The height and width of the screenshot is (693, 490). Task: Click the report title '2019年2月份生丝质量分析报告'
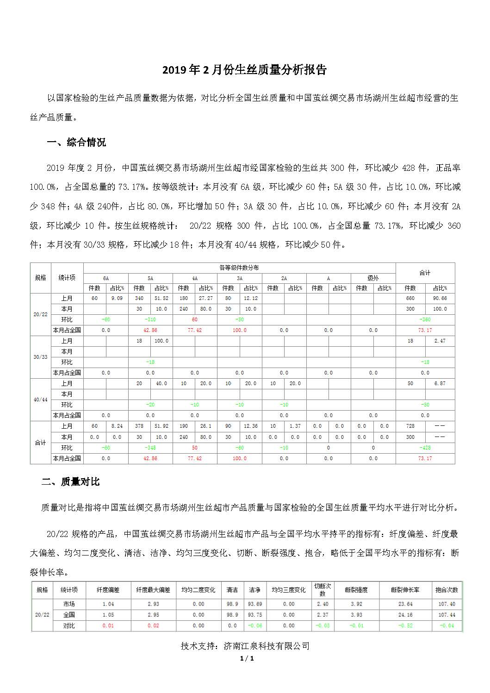coord(244,70)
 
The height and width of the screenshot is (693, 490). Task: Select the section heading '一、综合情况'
coord(76,143)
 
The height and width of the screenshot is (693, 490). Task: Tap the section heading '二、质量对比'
coord(70,482)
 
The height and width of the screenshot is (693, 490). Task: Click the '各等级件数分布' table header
coord(239,268)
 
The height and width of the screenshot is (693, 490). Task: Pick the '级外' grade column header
coord(373,278)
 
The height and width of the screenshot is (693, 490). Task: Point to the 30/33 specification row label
coord(41,357)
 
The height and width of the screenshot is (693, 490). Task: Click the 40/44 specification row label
coord(41,400)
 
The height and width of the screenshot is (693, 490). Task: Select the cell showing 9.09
coord(117,298)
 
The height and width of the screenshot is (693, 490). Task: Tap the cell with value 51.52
coord(161,298)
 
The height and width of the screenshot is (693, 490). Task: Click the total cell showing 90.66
coord(440,298)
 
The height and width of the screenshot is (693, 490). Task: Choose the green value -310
coord(150,319)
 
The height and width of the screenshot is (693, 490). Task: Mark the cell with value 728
coord(410,426)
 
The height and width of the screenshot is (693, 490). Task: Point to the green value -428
coord(425,448)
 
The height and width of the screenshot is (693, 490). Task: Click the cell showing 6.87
coord(440,383)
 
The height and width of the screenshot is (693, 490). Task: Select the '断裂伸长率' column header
coord(405,590)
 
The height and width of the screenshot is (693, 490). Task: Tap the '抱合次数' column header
coord(447,590)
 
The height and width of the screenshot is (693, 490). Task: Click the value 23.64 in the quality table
coord(405,604)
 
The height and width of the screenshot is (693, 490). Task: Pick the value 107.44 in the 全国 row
coord(447,615)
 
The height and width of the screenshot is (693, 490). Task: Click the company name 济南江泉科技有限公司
coord(267,646)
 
